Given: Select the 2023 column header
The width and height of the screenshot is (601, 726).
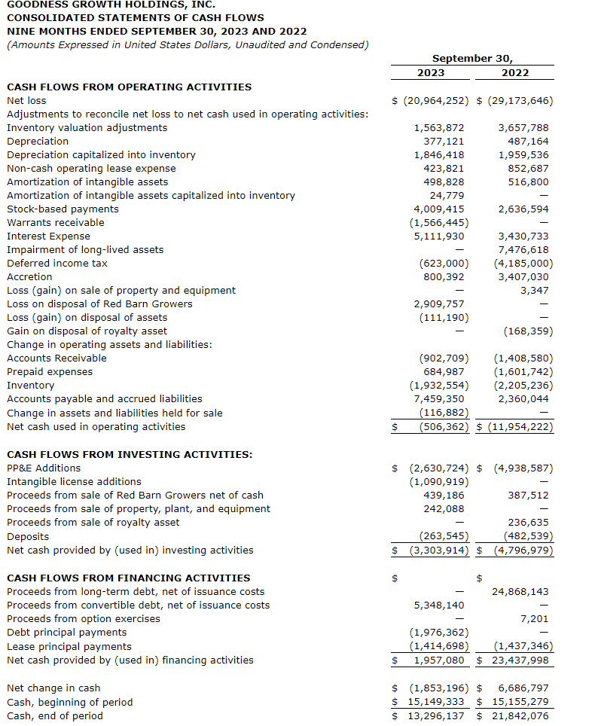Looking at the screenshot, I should click(430, 73).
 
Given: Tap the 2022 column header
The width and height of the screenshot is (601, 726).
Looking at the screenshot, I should click(515, 73).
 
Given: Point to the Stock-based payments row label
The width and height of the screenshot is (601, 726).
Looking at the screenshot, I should click(63, 209).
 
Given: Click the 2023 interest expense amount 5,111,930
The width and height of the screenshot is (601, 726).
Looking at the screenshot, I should click(439, 236).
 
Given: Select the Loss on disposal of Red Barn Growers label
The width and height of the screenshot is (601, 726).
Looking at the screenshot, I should click(99, 304).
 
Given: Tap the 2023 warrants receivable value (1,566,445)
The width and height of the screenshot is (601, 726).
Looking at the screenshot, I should click(439, 222).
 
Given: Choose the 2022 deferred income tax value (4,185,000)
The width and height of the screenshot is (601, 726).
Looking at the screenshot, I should click(523, 263).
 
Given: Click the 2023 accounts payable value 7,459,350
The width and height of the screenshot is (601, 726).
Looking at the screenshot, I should click(439, 398).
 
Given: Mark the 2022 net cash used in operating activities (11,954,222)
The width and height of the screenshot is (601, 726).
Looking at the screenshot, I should click(520, 427).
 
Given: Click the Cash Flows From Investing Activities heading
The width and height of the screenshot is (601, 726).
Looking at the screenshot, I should click(130, 454).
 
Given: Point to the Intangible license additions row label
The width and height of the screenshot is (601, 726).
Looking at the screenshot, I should click(74, 481).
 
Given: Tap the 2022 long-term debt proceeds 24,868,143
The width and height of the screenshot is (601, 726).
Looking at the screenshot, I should click(520, 591).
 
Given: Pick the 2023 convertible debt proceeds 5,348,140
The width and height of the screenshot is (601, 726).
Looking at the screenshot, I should click(439, 605).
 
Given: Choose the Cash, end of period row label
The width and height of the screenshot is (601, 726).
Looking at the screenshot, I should click(54, 715).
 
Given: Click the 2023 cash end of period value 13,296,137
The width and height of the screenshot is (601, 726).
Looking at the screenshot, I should click(437, 715).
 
